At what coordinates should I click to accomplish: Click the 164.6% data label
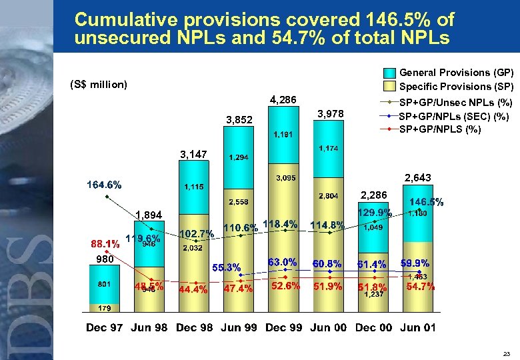tap(103, 185)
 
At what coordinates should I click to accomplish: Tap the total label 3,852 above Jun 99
tap(239, 121)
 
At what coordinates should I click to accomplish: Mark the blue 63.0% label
tap(282, 261)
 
